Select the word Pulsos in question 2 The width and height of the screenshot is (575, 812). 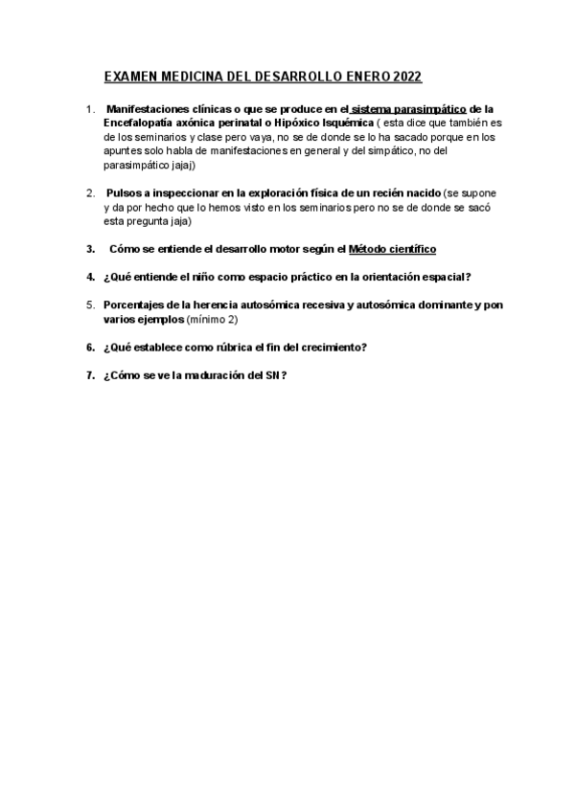tap(125, 192)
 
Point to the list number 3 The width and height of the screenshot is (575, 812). tap(89, 249)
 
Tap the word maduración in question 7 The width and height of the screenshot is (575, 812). tap(214, 375)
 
